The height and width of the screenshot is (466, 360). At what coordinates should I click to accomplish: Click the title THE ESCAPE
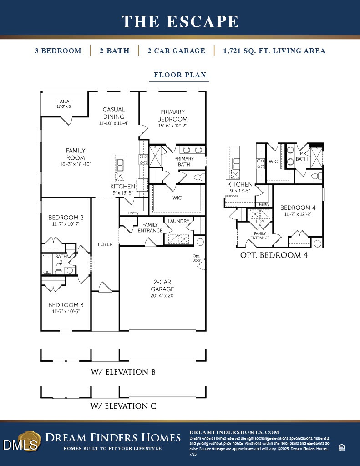click(180, 21)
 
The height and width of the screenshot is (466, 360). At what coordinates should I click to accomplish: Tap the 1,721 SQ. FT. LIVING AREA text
click(274, 51)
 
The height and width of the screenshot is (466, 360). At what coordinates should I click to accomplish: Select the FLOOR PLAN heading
click(180, 75)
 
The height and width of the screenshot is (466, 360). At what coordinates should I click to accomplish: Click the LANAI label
click(64, 101)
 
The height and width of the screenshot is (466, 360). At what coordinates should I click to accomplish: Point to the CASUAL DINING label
click(114, 113)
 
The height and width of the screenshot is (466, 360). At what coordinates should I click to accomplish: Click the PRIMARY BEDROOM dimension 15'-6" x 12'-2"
click(172, 126)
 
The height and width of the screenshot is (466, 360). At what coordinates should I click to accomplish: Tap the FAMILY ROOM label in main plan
click(76, 154)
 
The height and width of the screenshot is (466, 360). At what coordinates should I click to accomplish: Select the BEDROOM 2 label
click(66, 218)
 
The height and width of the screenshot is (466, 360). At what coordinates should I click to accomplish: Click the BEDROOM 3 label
click(66, 305)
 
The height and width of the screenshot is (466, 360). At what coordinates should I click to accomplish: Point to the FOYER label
click(105, 244)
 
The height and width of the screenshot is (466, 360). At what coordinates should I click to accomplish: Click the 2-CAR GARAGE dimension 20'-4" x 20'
click(162, 296)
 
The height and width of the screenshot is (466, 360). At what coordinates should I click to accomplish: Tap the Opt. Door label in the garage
click(197, 258)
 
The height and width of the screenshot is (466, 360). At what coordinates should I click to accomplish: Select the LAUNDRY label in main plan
click(178, 221)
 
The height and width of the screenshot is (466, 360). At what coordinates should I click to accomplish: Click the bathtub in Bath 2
click(48, 264)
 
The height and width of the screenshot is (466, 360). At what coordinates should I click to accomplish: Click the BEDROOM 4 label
click(298, 208)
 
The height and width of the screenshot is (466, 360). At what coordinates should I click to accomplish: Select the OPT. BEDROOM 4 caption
click(274, 255)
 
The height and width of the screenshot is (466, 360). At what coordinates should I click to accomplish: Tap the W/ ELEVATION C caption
click(123, 406)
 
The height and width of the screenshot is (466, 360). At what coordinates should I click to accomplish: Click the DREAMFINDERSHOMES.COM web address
click(234, 432)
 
